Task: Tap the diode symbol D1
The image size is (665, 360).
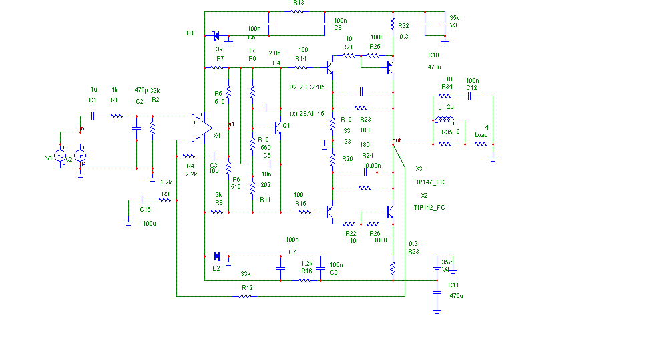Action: (216, 35)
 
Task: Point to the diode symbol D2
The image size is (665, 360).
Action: (216, 256)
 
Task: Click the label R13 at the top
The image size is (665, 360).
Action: (298, 3)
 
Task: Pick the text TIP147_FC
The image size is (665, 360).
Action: (429, 182)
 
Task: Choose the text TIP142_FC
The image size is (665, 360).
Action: (429, 208)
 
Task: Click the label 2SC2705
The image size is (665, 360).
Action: (312, 87)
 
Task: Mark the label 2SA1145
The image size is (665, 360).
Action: (312, 114)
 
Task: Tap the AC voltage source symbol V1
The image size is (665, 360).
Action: (60, 156)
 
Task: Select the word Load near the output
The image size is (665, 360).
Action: (481, 135)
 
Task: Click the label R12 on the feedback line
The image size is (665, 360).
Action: (247, 287)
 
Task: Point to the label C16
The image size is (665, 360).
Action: (145, 209)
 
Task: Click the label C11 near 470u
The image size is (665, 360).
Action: (453, 285)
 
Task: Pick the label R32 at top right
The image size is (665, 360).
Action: (403, 26)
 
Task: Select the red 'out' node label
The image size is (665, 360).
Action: (397, 140)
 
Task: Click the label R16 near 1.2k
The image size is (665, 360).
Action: (306, 271)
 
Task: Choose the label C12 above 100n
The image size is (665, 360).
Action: (471, 88)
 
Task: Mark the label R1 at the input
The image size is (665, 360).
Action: (114, 100)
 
